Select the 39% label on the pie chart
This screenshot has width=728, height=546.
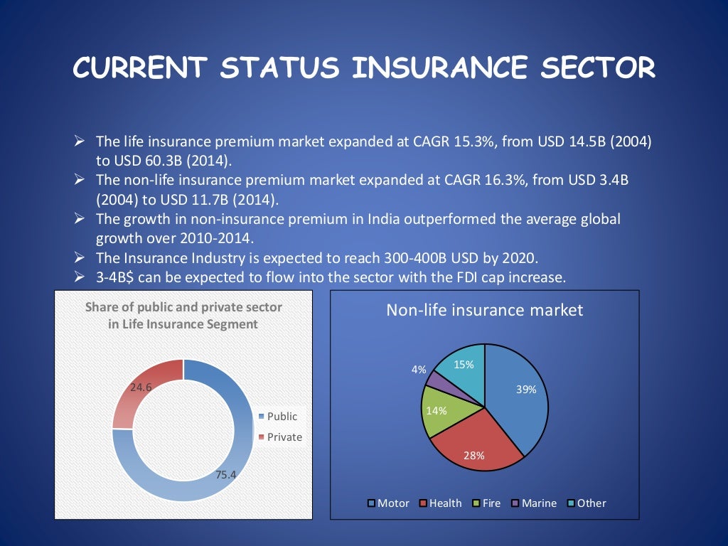pyautogui.click(x=526, y=389)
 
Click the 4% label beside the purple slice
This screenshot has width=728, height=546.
pyautogui.click(x=419, y=370)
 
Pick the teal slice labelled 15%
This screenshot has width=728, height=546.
pyautogui.click(x=464, y=365)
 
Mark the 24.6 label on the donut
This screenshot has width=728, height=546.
pyautogui.click(x=141, y=387)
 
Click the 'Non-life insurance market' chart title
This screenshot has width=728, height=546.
pyautogui.click(x=484, y=310)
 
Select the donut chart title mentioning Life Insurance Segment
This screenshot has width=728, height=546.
pyautogui.click(x=183, y=316)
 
